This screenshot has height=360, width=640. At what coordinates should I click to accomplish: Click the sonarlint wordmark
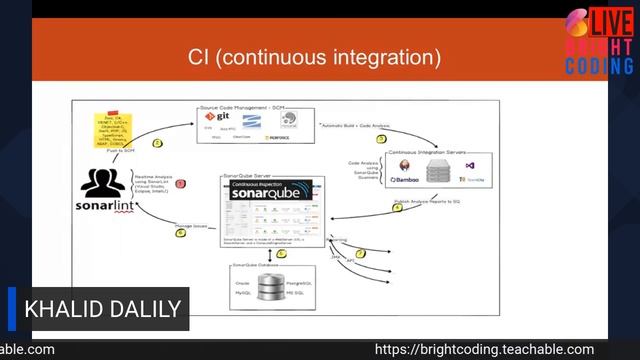103,206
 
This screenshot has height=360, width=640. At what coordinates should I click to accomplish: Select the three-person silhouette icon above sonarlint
103,182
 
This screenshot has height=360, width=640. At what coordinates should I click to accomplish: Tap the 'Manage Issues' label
193,227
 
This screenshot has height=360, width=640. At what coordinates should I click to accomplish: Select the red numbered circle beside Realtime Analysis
181,183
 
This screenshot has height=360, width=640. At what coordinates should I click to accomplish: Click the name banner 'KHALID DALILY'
99,308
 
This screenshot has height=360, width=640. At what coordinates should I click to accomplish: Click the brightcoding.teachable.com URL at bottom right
484,350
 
